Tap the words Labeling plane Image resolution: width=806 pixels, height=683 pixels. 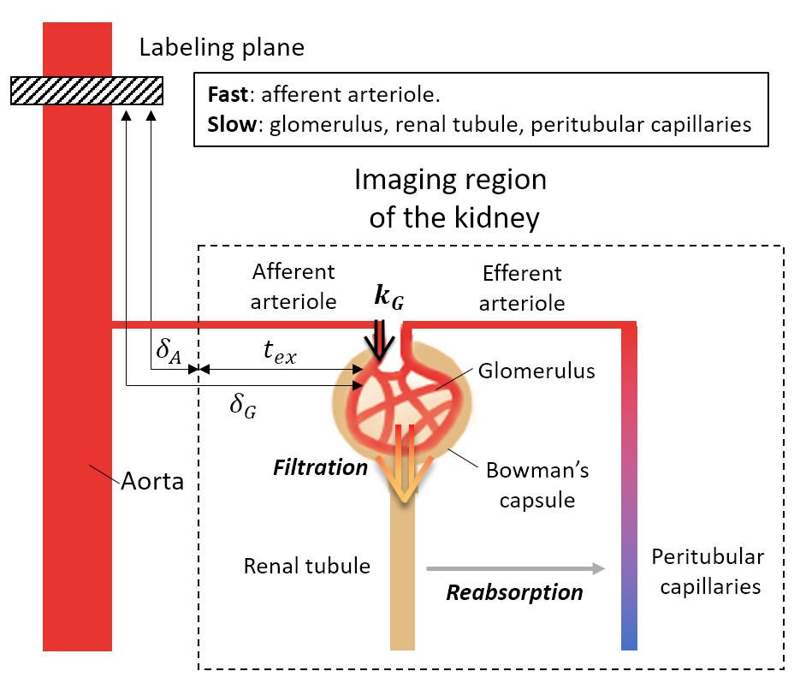pos(222,47)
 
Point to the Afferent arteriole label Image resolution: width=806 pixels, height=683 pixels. pos(294,287)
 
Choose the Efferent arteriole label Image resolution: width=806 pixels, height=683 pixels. pos(522,288)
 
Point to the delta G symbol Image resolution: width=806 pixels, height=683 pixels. pos(243,404)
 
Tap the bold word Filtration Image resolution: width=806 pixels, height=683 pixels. pos(320,467)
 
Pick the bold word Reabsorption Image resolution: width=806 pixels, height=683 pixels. pos(515,592)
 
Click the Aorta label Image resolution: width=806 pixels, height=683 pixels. pos(151,481)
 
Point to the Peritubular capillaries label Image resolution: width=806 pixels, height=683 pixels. pos(708,572)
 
